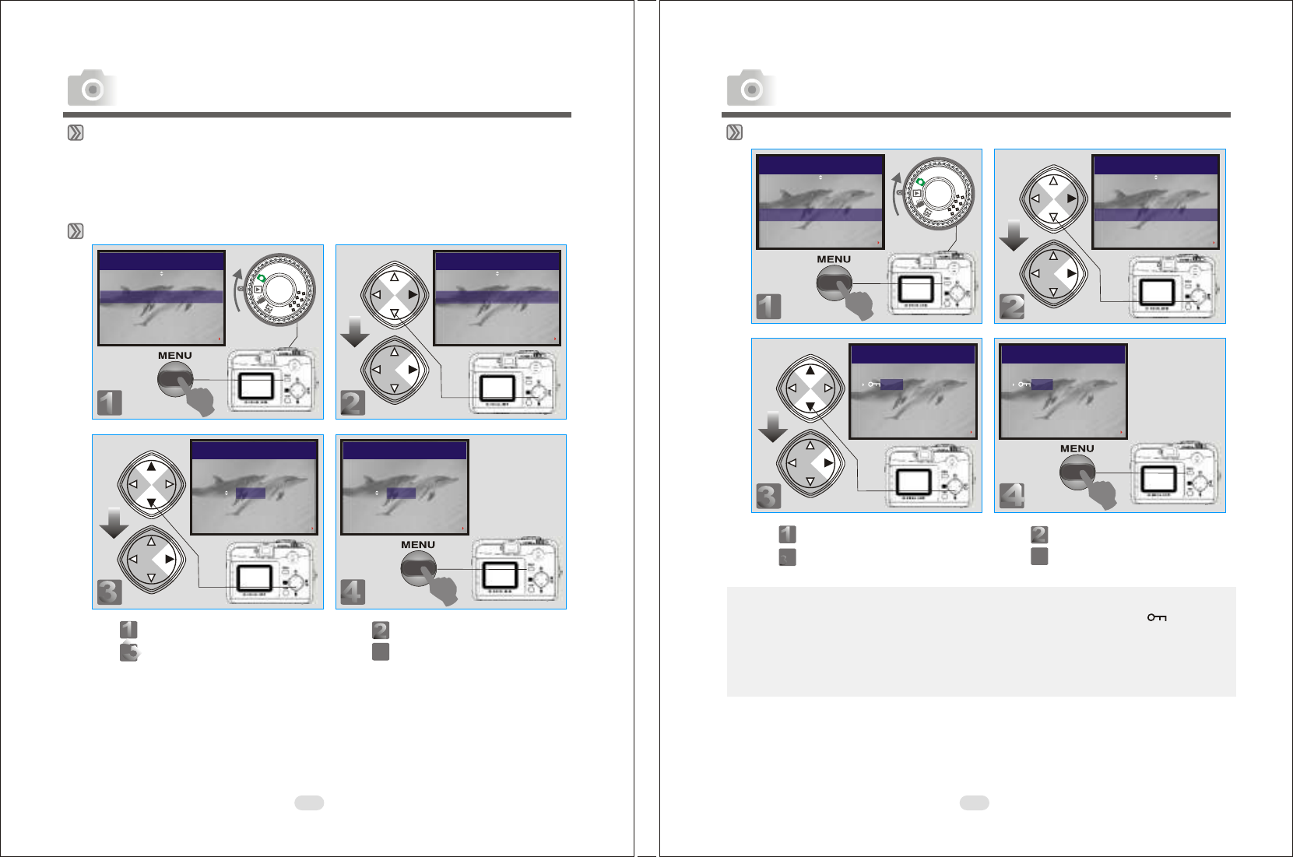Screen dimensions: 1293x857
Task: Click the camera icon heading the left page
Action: tap(92, 88)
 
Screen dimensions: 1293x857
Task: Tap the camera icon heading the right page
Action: tap(751, 88)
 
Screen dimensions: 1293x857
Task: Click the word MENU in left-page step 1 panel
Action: tap(175, 356)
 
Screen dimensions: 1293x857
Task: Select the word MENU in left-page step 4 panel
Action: tap(418, 545)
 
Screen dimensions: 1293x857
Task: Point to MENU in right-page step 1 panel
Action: tap(834, 259)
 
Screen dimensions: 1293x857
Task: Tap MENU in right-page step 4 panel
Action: tap(1077, 448)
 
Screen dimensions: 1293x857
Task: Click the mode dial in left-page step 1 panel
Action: tap(280, 289)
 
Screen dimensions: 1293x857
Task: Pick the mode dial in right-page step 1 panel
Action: tap(939, 193)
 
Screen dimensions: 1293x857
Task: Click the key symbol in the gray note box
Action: tap(1157, 617)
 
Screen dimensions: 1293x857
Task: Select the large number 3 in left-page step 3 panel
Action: tap(110, 592)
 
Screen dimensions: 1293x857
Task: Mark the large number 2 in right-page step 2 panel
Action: tap(1012, 307)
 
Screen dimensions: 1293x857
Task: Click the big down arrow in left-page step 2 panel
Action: tap(354, 332)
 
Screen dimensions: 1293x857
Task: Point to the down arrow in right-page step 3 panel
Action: tap(772, 427)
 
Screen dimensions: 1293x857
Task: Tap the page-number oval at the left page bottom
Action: tap(309, 803)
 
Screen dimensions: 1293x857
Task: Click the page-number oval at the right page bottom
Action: tap(975, 803)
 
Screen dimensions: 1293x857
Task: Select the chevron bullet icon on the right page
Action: tap(734, 133)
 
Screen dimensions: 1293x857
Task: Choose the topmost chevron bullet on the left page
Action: tap(76, 133)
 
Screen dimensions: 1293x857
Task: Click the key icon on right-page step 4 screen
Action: tap(1024, 385)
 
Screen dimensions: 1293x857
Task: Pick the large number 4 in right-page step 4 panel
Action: tap(1012, 496)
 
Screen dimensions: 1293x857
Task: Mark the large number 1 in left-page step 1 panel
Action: tap(110, 403)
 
